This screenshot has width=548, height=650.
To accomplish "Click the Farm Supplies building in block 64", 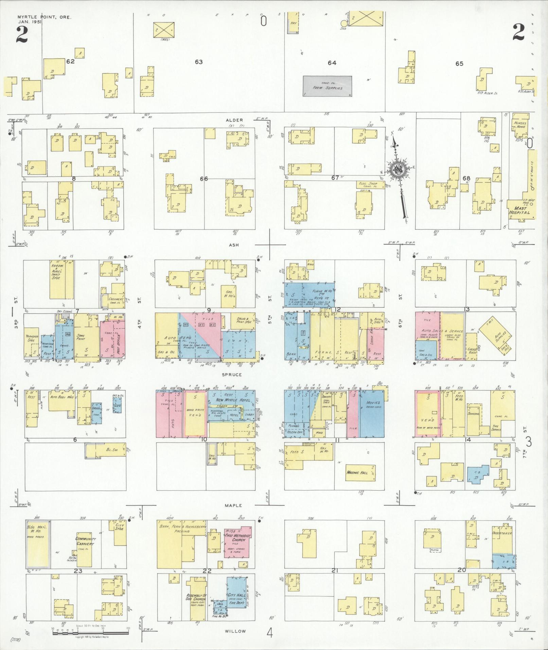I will coord(327,86).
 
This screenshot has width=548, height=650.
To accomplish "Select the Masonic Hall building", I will coord(359,472).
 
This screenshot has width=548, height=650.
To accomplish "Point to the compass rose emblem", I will coord(396,170).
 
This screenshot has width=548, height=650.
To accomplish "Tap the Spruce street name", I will coord(232,374).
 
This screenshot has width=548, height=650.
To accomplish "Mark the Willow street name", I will coord(235,631).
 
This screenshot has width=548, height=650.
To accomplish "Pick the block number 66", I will coord(204,179).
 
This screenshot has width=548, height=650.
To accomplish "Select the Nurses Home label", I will coord(519,125).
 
